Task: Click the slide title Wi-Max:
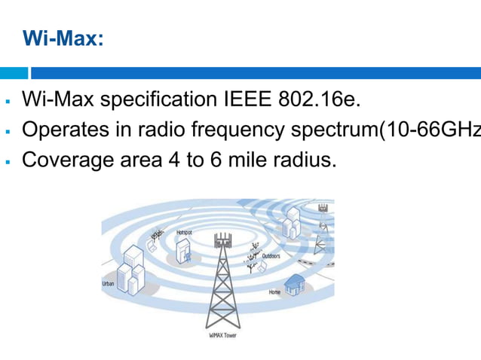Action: (x=63, y=38)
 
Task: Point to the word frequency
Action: (x=244, y=130)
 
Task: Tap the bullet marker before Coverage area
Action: (x=7, y=161)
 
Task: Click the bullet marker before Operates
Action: (x=7, y=131)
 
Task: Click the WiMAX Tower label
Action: (x=222, y=334)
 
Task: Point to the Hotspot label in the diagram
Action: (x=184, y=233)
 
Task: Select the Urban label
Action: (x=109, y=284)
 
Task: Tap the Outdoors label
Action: (x=271, y=256)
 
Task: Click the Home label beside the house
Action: (x=274, y=291)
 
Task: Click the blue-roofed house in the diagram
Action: (x=296, y=283)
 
